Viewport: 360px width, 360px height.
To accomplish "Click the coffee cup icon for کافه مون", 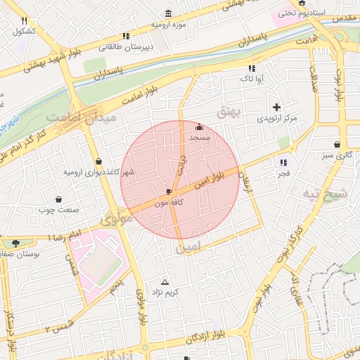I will (x=168, y=191).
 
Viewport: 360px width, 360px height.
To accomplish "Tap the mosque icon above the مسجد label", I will (x=200, y=127).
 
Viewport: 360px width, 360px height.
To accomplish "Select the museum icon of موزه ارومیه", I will (x=168, y=14).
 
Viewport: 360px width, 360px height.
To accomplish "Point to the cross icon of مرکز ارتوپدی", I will (x=276, y=108).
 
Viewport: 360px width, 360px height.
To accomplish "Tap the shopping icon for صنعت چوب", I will (x=58, y=199).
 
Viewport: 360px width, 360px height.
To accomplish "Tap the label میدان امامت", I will (x=81, y=118).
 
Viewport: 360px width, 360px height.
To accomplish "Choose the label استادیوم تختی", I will (x=302, y=13).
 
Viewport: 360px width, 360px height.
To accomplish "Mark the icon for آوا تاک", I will (x=251, y=68).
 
